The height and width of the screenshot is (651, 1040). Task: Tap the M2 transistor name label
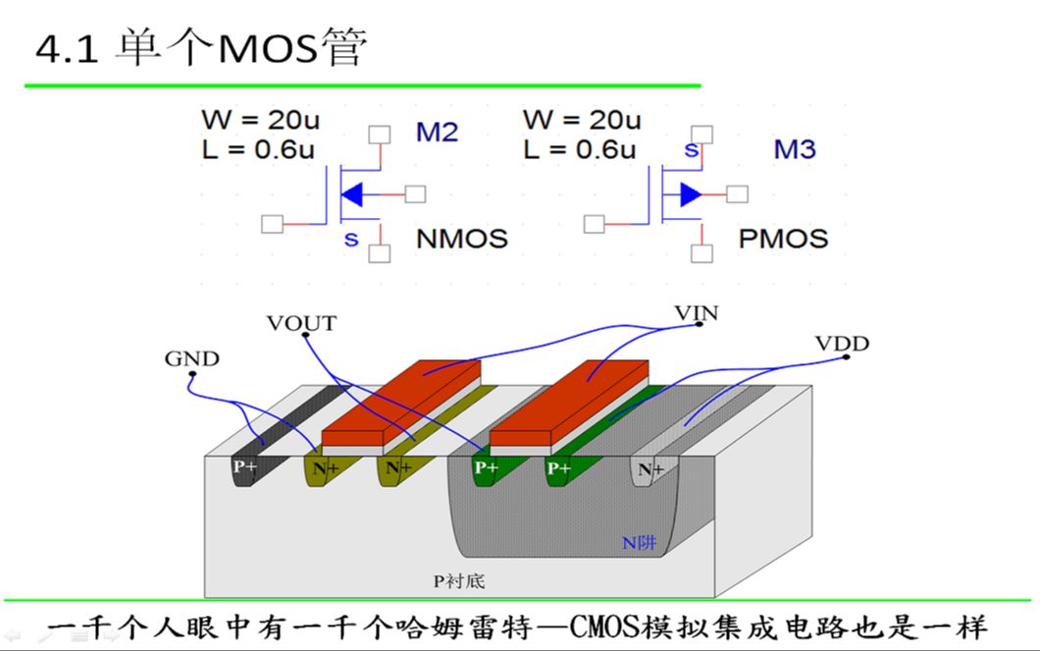click(437, 133)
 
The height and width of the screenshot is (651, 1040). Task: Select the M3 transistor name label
click(795, 150)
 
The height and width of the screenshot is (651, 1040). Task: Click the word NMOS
click(462, 239)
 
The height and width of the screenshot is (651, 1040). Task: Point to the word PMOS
click(783, 239)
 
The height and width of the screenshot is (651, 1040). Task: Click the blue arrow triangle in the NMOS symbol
click(354, 194)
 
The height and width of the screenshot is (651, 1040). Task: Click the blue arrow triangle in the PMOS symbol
click(691, 194)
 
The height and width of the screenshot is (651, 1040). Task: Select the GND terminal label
click(191, 359)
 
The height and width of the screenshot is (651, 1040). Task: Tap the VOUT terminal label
click(301, 323)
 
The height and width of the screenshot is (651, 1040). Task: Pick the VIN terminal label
click(697, 313)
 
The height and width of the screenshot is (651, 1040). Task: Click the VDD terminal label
click(842, 344)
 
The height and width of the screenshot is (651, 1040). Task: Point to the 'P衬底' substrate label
click(459, 581)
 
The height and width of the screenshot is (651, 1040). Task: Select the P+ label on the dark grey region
click(244, 468)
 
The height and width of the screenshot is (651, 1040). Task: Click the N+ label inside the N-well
click(650, 470)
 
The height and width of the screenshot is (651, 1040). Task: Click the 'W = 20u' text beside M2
click(260, 121)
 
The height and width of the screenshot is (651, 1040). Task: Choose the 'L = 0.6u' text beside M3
click(579, 150)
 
